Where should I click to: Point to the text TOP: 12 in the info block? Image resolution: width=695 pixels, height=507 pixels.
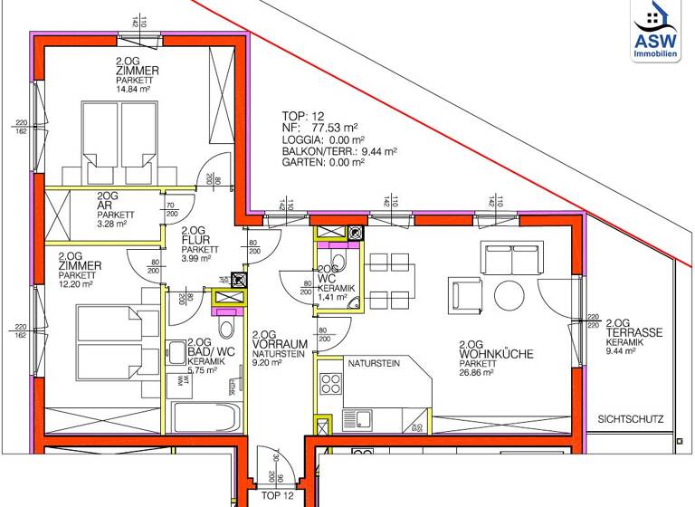tap(303, 116)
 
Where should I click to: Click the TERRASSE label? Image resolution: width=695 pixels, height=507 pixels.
tap(634, 332)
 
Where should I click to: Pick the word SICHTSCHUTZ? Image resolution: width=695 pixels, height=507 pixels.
tap(631, 419)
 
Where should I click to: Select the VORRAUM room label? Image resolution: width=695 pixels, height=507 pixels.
tap(280, 344)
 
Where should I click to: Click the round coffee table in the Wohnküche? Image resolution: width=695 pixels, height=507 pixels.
tap(508, 294)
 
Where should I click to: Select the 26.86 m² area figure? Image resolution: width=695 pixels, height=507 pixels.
tap(477, 371)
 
